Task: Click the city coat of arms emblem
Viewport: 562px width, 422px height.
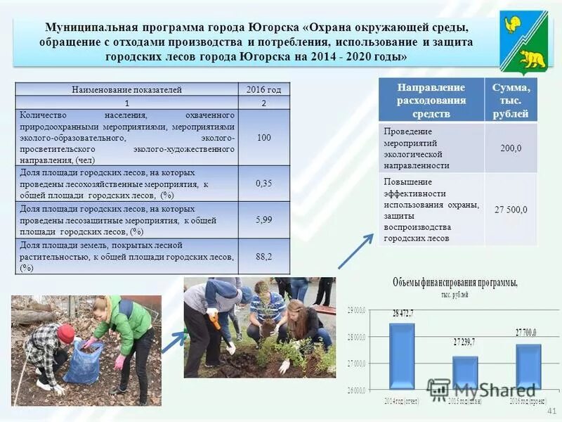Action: pyautogui.click(x=523, y=43)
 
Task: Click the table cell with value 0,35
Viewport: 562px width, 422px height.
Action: pyautogui.click(x=264, y=184)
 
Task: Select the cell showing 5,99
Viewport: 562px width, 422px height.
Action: pyautogui.click(x=264, y=219)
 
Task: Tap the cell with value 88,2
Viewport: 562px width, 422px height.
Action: pyautogui.click(x=264, y=256)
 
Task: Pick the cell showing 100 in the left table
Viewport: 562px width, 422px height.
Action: pyautogui.click(x=264, y=137)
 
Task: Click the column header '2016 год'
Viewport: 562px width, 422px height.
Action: pyautogui.click(x=264, y=89)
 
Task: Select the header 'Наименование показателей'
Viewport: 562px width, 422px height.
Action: pyautogui.click(x=127, y=89)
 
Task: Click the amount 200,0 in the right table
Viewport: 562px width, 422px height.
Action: pyautogui.click(x=511, y=148)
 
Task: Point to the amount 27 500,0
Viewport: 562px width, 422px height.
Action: pyautogui.click(x=511, y=210)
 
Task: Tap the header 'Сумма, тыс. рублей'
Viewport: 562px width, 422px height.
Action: pyautogui.click(x=511, y=101)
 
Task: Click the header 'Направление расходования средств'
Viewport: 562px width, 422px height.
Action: pyautogui.click(x=431, y=101)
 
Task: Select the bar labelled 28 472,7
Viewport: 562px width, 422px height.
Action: pyautogui.click(x=402, y=356)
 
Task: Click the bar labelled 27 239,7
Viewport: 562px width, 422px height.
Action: pyautogui.click(x=464, y=372)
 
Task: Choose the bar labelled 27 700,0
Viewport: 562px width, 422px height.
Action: pyautogui.click(x=528, y=366)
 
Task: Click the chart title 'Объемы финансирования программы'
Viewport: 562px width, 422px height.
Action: pyautogui.click(x=455, y=283)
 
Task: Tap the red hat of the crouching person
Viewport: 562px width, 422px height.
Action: pyautogui.click(x=66, y=333)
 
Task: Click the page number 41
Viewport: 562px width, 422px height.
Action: pyautogui.click(x=551, y=411)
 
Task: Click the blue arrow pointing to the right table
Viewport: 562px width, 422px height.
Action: pyautogui.click(x=356, y=250)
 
